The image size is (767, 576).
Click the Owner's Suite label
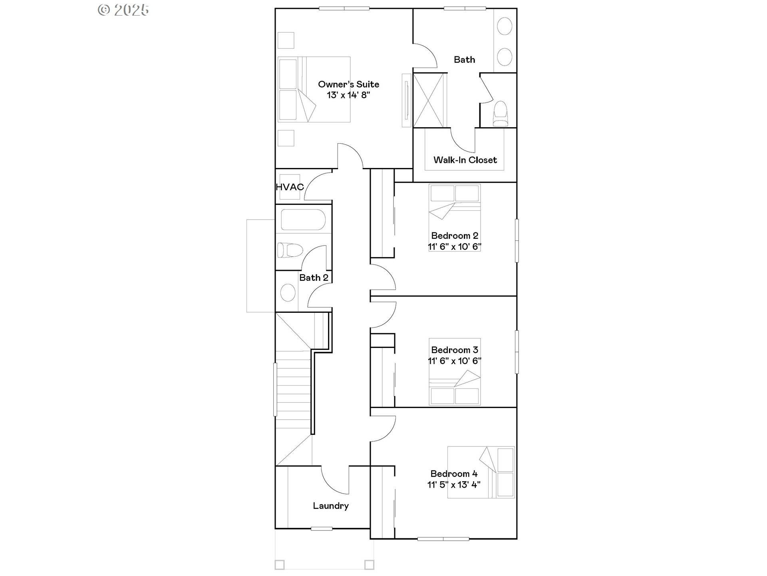[x=348, y=84]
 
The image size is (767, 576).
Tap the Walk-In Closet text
[x=465, y=160]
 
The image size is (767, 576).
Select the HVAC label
[x=290, y=187]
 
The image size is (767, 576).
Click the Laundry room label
[x=331, y=506]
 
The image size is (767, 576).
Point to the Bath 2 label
[x=314, y=278]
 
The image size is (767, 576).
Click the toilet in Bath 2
[x=290, y=250]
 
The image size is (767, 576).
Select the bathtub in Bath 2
[x=303, y=220]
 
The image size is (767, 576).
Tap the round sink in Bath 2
[x=288, y=292]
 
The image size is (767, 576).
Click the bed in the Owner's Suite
[x=314, y=89]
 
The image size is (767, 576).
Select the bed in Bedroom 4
[x=481, y=472]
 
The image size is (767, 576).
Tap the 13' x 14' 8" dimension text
[x=348, y=95]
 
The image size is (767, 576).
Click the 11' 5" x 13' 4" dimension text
[x=454, y=485]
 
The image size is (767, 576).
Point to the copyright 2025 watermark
[x=123, y=10]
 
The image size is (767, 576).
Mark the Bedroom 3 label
[x=455, y=350]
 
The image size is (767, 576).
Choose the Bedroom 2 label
[x=455, y=236]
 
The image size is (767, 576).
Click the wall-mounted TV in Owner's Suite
[x=406, y=100]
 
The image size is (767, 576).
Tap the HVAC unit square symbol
[x=290, y=187]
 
